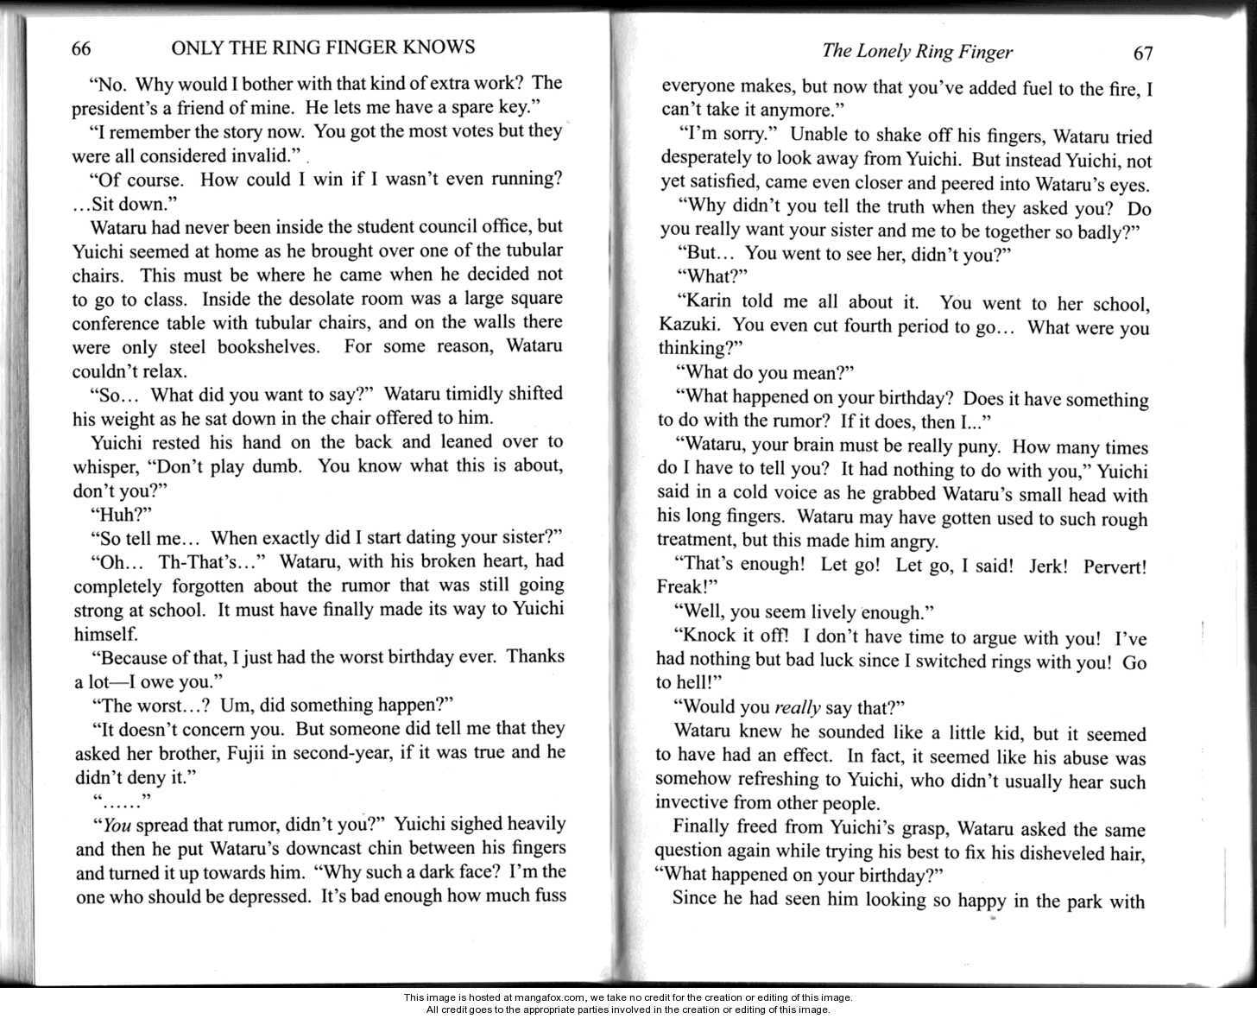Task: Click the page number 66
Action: pos(81,48)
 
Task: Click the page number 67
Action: pos(1142,54)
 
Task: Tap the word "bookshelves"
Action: pos(271,347)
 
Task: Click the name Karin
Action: pos(703,303)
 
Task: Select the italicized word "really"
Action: pos(797,708)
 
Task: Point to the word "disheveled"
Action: pos(1051,854)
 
